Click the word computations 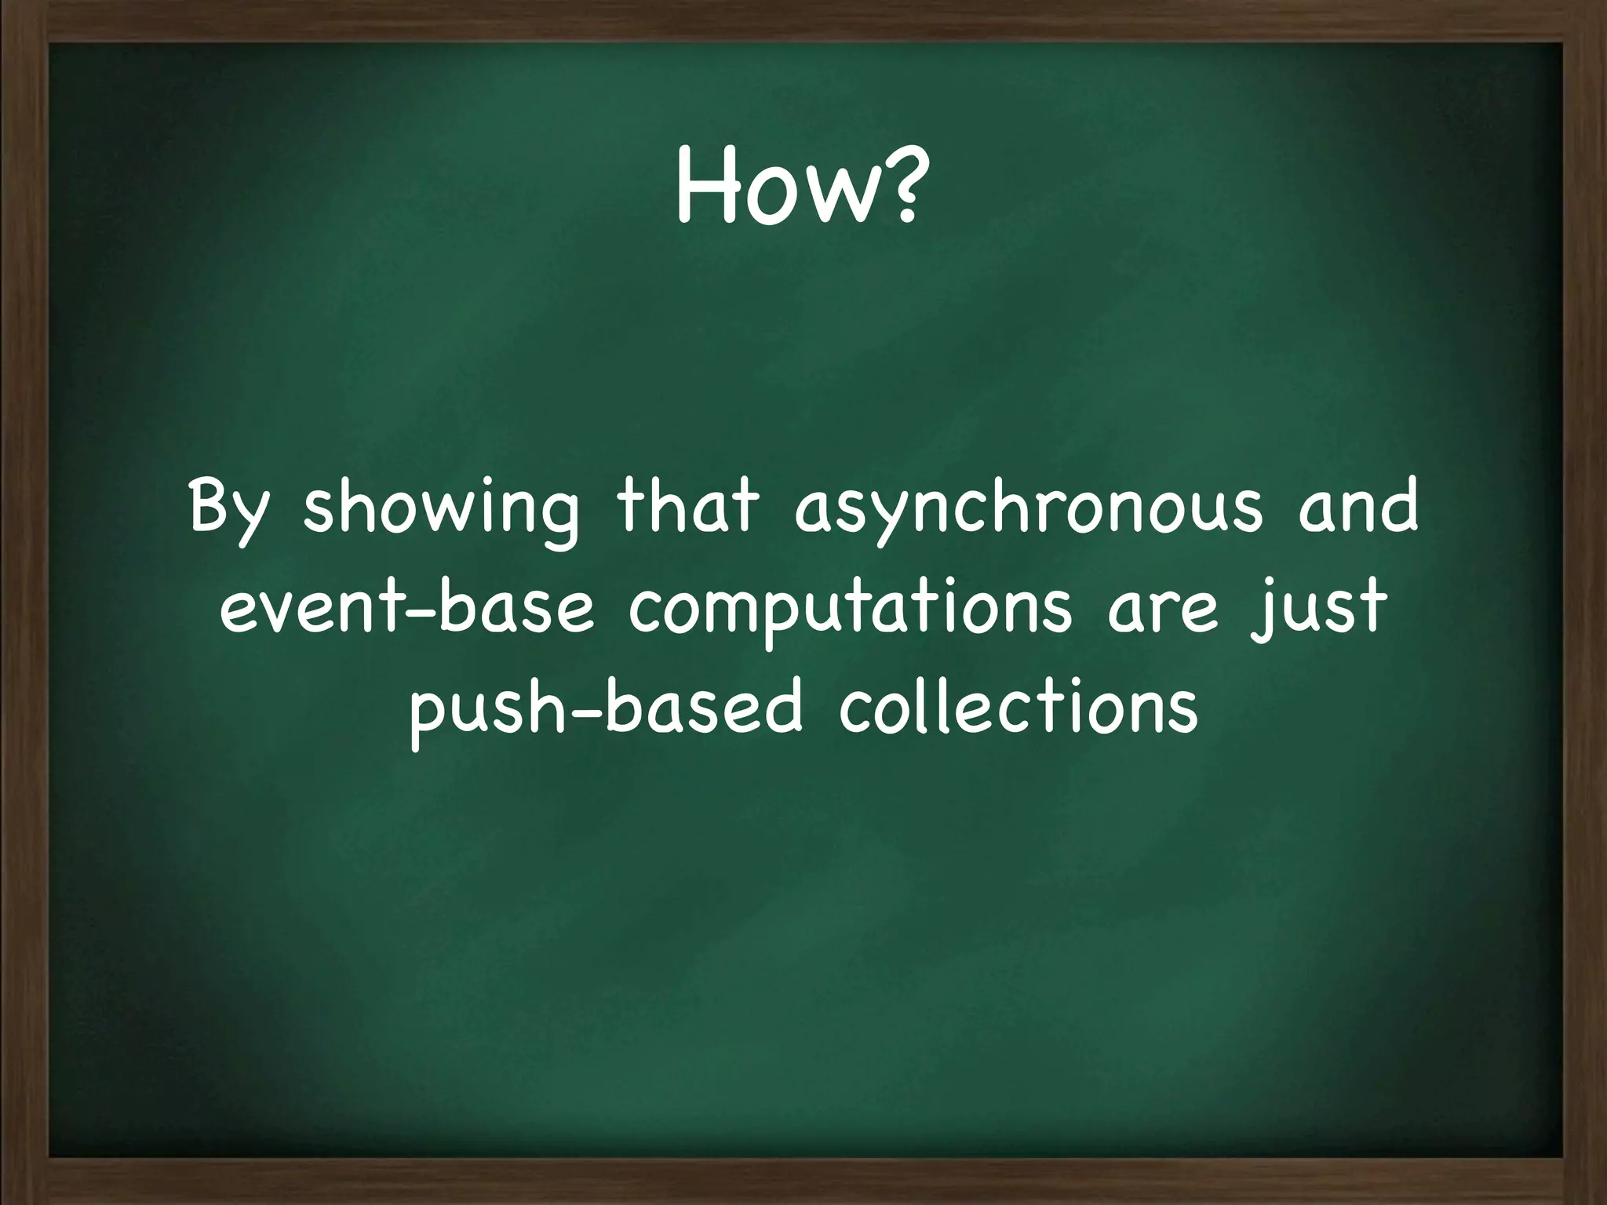850,612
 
